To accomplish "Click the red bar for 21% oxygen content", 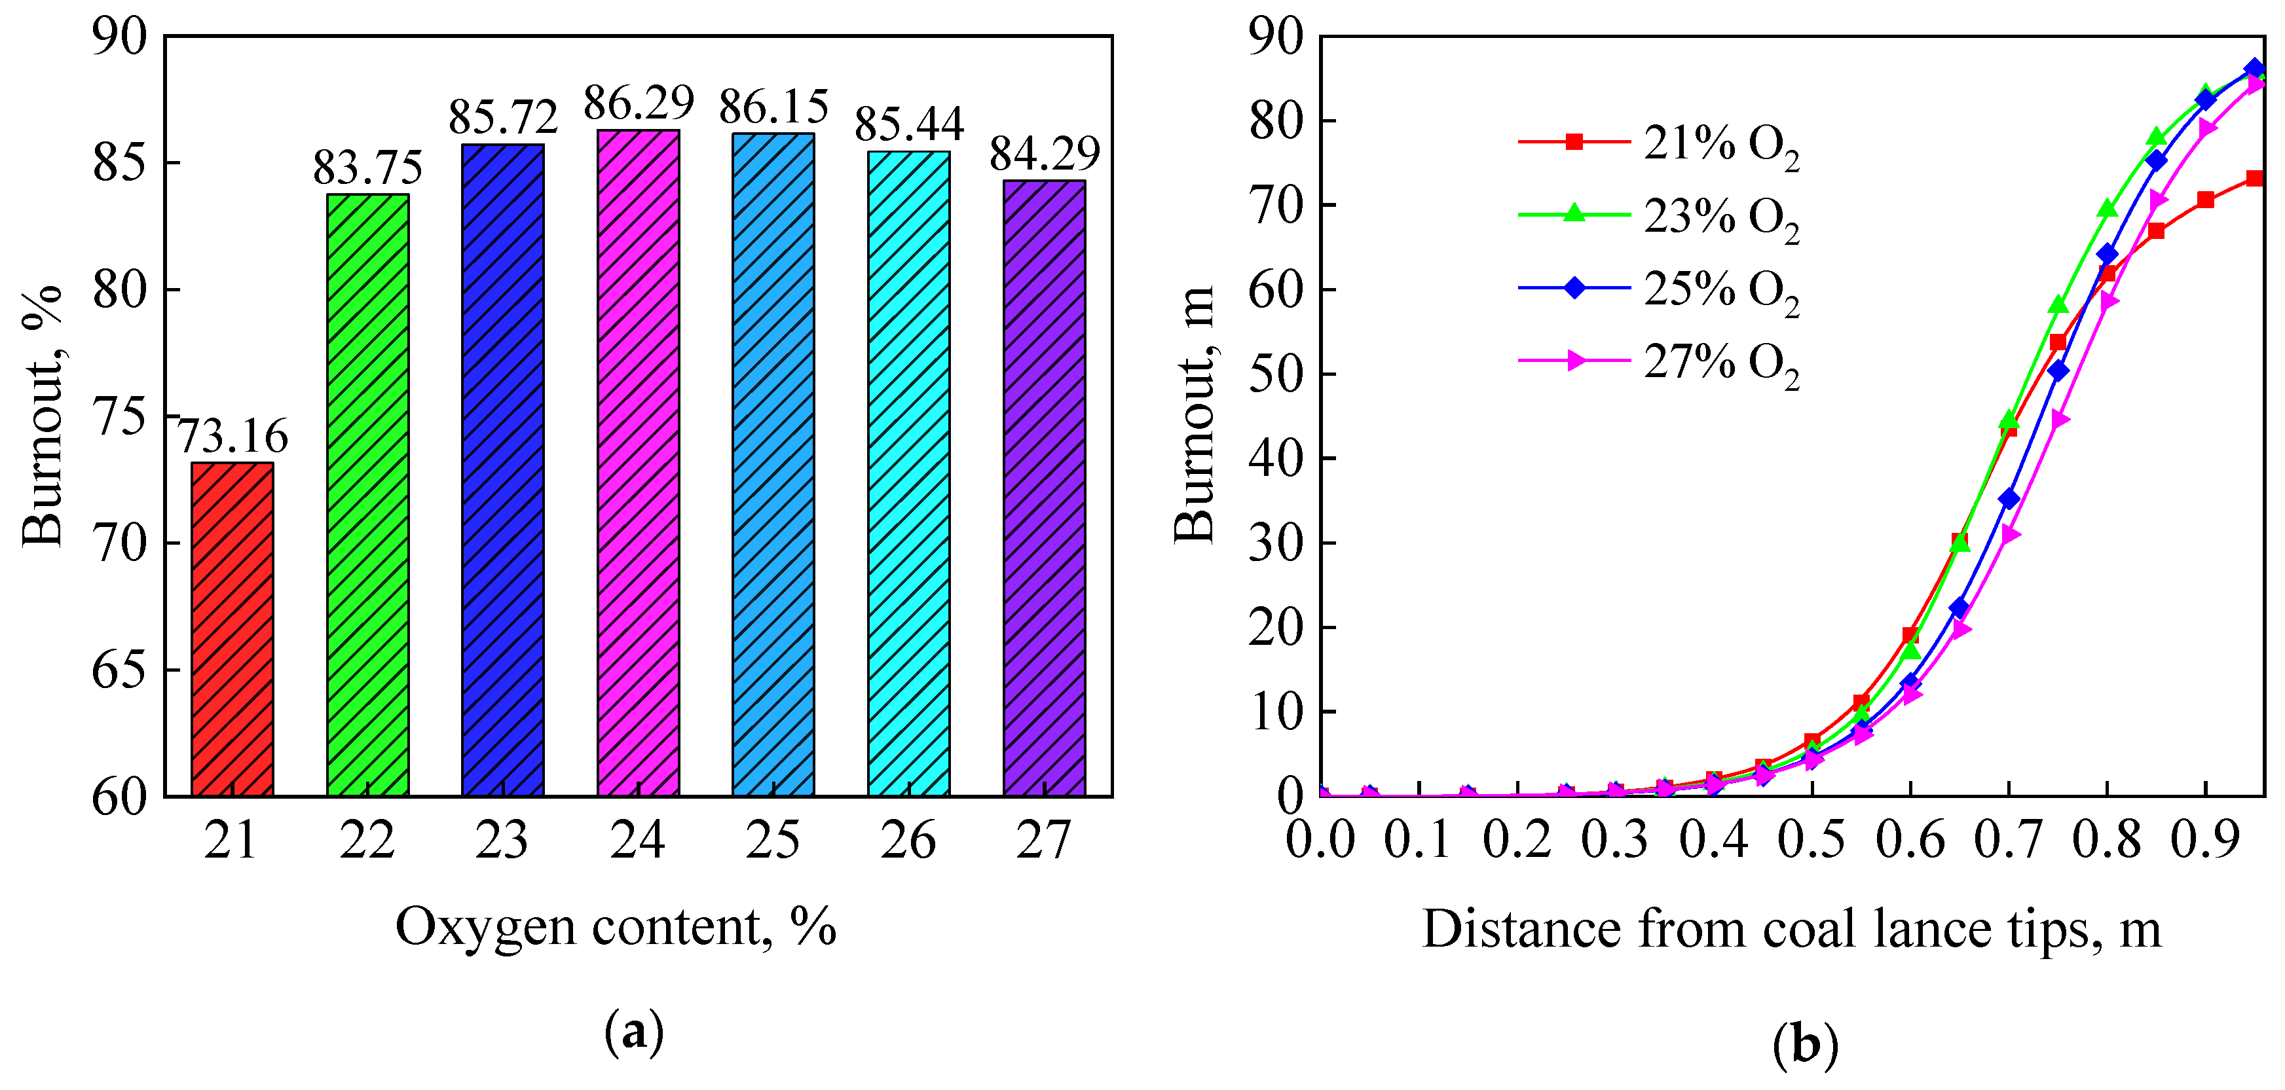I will coord(232,629).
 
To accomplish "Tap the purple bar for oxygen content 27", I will coord(1044,488).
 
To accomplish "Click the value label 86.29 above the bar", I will coord(638,103).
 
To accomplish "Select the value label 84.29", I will coord(1044,153).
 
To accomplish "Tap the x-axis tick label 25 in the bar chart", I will coord(773,840).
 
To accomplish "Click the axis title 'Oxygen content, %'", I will coord(616,927).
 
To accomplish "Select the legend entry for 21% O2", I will coord(1659,143).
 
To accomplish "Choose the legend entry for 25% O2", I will coord(1659,288).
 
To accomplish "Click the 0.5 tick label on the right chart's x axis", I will coord(1811,840).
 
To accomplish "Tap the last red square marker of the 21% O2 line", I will coord(2254,178).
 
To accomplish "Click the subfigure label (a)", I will coord(633,1032).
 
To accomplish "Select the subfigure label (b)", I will coord(1805,1045).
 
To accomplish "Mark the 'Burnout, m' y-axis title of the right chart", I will coord(1194,415).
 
